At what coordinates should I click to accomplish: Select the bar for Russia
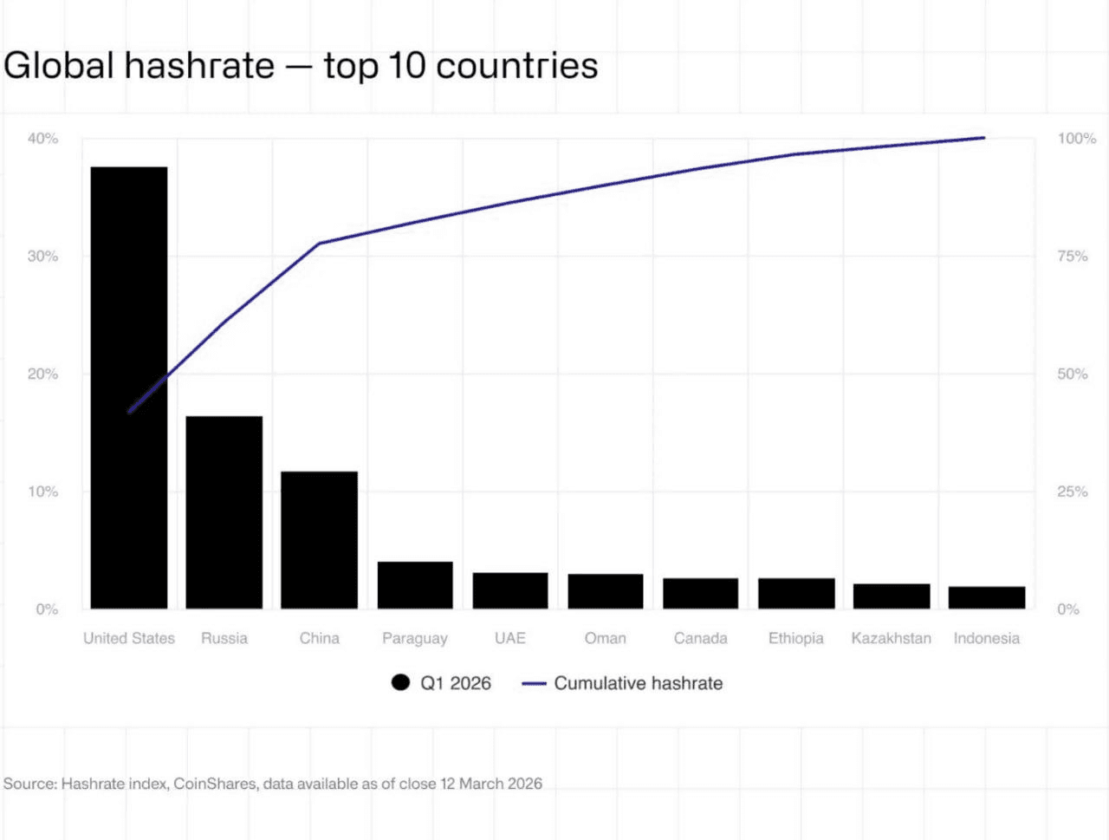click(x=224, y=512)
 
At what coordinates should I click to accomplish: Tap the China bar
click(x=319, y=540)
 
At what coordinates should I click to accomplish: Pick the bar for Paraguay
click(x=415, y=585)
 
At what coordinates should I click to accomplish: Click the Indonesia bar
click(x=987, y=597)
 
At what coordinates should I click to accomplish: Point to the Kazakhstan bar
click(x=892, y=596)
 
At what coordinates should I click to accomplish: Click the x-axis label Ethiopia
click(x=795, y=638)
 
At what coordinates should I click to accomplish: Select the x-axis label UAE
click(x=510, y=638)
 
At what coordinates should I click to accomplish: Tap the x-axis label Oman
click(x=605, y=638)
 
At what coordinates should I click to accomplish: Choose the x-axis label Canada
click(x=700, y=638)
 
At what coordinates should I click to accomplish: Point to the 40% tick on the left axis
click(x=42, y=139)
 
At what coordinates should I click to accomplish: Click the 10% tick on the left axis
click(x=42, y=492)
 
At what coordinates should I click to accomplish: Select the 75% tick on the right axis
click(x=1073, y=256)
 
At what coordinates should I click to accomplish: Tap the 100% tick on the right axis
click(x=1076, y=139)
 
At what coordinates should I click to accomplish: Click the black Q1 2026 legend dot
click(x=400, y=682)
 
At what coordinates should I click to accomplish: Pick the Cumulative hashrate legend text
click(x=638, y=683)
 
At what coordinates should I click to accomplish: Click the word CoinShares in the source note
click(x=215, y=784)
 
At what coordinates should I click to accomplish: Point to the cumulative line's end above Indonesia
click(x=983, y=138)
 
